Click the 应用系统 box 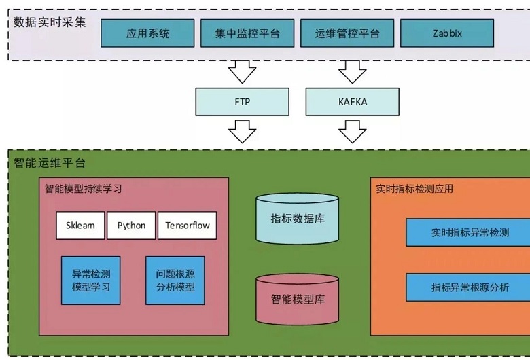(x=148, y=33)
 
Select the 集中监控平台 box (x=247, y=33)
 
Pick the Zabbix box (x=446, y=33)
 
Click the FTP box (x=242, y=102)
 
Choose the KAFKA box (x=353, y=102)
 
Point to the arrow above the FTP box (x=242, y=71)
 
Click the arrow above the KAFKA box (x=353, y=71)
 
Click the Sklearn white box (x=81, y=226)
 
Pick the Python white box (x=131, y=226)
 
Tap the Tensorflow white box (x=188, y=226)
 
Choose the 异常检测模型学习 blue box (x=91, y=280)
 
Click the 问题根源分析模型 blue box (x=175, y=280)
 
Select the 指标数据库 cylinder (x=297, y=219)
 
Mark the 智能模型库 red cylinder (x=297, y=299)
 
